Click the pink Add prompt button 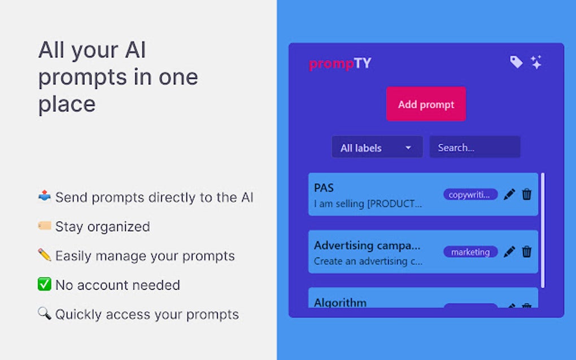(426, 104)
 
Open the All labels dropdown (377, 148)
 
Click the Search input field (474, 147)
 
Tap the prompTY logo (340, 64)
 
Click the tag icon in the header (516, 62)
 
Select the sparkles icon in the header (536, 62)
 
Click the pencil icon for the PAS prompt (509, 195)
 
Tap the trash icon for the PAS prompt (527, 195)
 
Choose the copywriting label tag (470, 195)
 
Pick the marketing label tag (470, 252)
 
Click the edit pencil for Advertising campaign (509, 252)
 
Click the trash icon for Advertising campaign (527, 252)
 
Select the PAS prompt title (324, 188)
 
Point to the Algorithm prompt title (340, 302)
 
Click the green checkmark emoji (45, 284)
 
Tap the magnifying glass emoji (45, 314)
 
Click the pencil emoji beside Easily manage (45, 255)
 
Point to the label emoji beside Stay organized (45, 226)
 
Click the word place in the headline (67, 104)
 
